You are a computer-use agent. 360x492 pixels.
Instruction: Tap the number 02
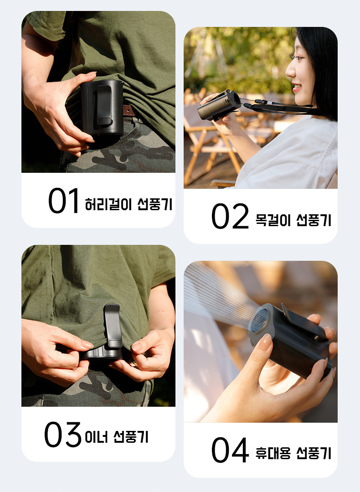[x=230, y=216]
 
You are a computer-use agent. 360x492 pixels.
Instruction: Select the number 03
[x=63, y=435]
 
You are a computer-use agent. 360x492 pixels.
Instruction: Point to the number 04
[x=230, y=450]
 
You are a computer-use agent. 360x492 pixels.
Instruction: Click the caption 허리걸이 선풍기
[x=129, y=204]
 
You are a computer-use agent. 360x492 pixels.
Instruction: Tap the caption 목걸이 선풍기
[x=293, y=220]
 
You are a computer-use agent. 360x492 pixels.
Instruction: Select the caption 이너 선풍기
[x=116, y=437]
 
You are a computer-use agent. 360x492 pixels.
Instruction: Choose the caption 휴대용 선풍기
[x=293, y=453]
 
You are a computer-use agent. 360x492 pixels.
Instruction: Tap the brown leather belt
[x=129, y=111]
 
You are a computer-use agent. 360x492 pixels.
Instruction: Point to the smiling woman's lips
[x=296, y=87]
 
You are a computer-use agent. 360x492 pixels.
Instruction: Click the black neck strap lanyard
[x=279, y=107]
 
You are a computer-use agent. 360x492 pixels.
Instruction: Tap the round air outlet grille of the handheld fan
[x=260, y=321]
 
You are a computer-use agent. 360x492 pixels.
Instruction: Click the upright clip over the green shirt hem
[x=113, y=326]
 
